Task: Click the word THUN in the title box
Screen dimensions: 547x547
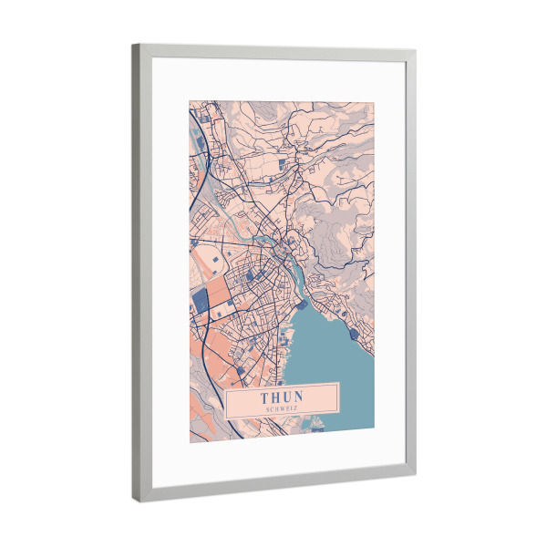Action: coord(283,397)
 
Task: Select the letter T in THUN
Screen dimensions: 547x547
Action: coord(265,397)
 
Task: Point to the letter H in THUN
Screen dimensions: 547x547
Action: coord(276,397)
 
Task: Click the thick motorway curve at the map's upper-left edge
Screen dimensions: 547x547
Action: coord(202,164)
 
